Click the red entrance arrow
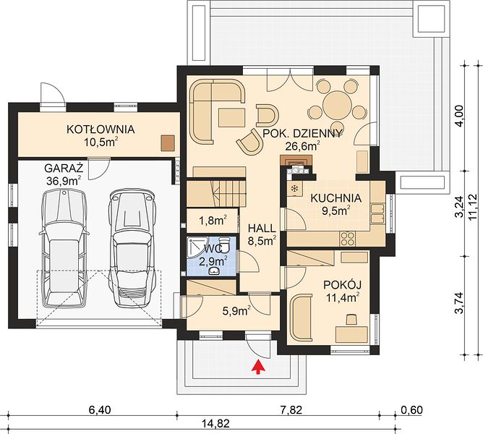(259, 367)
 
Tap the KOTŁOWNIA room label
(101, 129)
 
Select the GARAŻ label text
(64, 169)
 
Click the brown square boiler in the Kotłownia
(168, 143)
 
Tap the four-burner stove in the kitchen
(348, 239)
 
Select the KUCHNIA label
(335, 198)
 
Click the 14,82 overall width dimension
(216, 424)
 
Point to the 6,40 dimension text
(99, 410)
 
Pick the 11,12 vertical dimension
(473, 207)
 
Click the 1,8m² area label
(213, 221)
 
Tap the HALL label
(262, 228)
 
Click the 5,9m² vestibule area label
(236, 311)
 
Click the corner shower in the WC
(197, 247)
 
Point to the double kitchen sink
(377, 213)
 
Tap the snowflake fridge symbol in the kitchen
(294, 188)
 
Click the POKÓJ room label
(342, 284)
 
